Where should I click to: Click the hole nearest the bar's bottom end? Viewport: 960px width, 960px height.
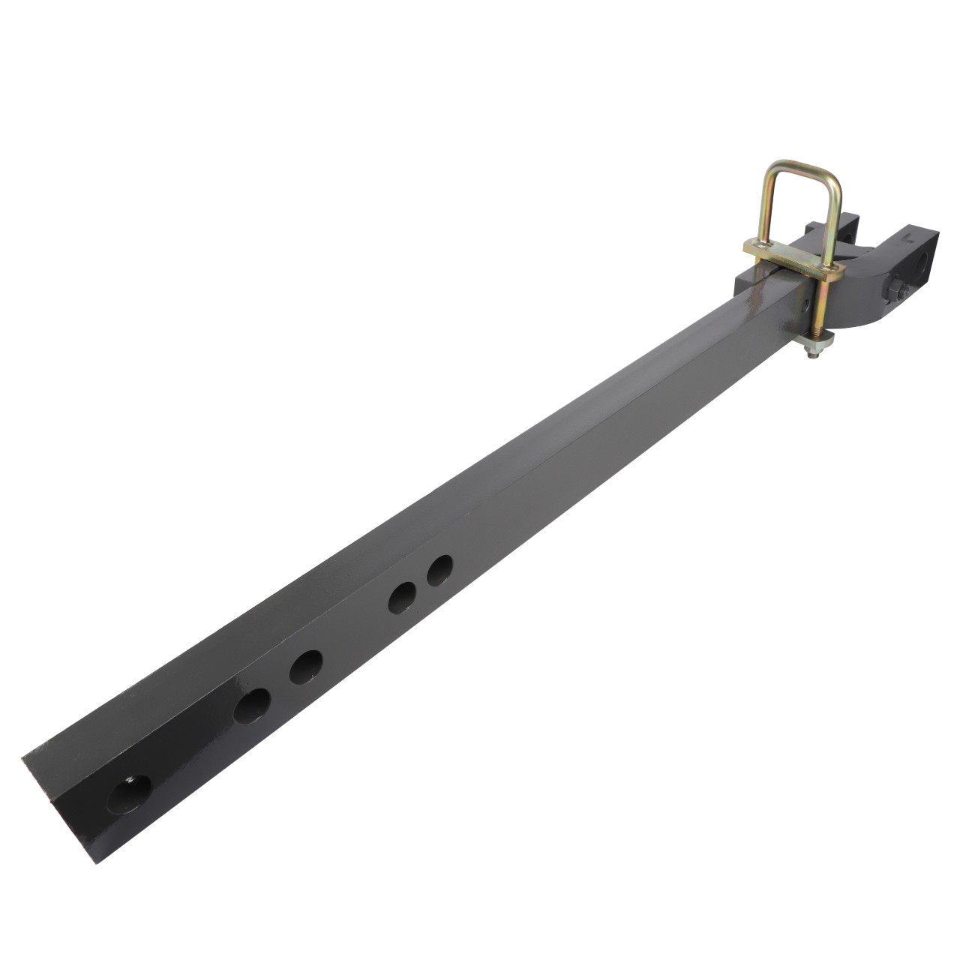coord(129,793)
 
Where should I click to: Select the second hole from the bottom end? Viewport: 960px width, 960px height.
coord(251,706)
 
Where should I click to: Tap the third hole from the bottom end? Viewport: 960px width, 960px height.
coord(306,666)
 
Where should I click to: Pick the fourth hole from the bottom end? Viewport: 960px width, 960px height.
coord(403,597)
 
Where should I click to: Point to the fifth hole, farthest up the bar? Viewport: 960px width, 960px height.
coord(440,571)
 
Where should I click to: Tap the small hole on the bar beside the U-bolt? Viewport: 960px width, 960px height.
coord(804,306)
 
